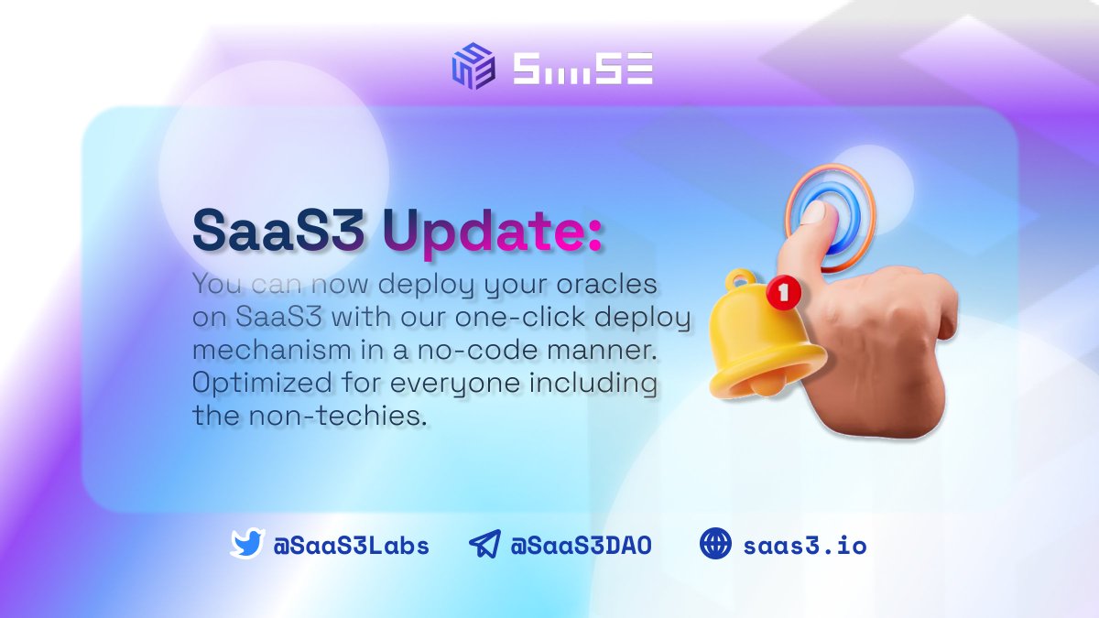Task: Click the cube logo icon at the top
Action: pyautogui.click(x=473, y=66)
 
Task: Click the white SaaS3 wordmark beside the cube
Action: pyautogui.click(x=582, y=68)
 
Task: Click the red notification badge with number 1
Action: pyautogui.click(x=782, y=293)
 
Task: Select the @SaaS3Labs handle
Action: pyautogui.click(x=352, y=547)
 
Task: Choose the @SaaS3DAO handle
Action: pyautogui.click(x=581, y=547)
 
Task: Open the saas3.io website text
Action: pyautogui.click(x=804, y=547)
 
